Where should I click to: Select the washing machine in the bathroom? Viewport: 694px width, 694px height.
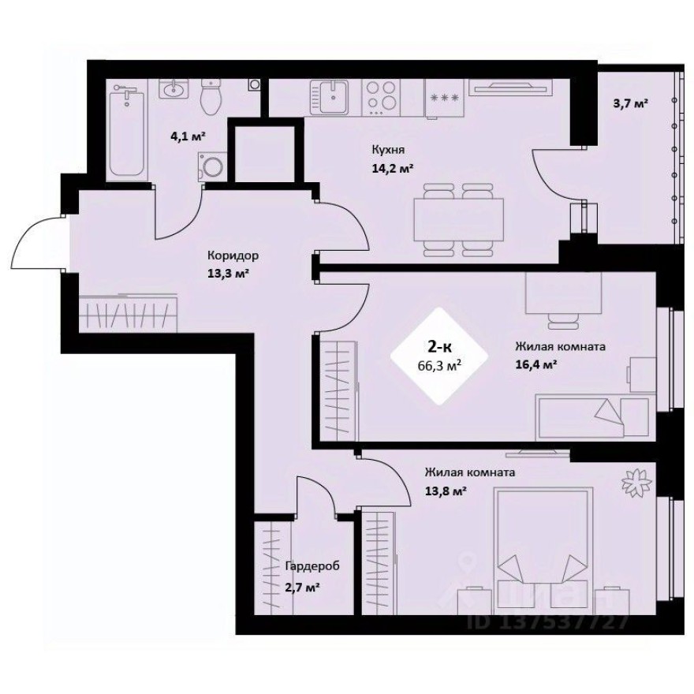[x=212, y=166]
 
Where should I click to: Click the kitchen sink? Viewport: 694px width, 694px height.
[x=335, y=99]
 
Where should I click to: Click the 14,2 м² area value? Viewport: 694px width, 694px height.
[x=392, y=167]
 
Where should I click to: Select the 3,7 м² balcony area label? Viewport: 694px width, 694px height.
[x=630, y=103]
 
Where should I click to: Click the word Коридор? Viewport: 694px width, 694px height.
[x=233, y=256]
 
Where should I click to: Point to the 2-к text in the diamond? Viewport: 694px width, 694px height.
[x=438, y=345]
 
